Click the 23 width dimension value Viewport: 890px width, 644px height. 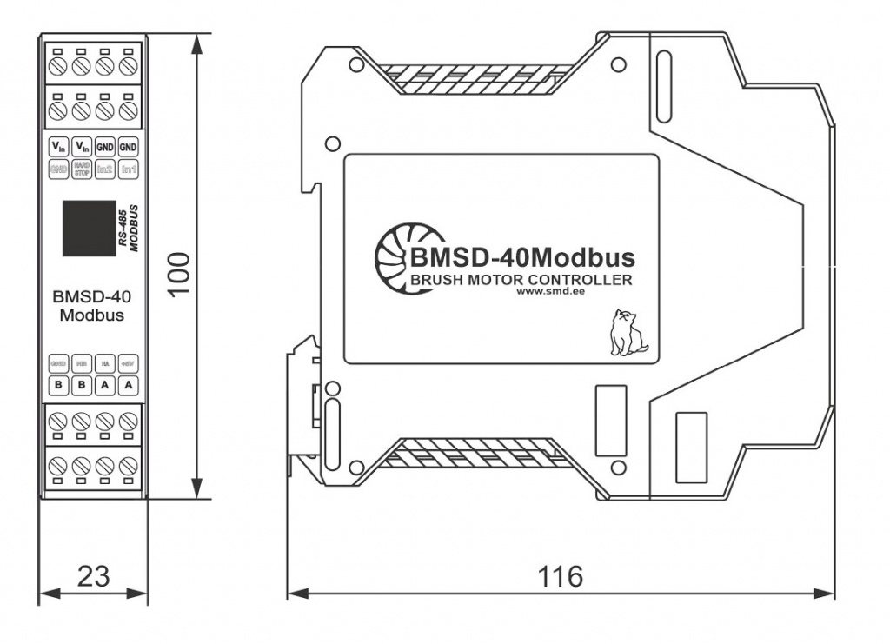[x=95, y=576]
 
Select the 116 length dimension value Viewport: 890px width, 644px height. [x=560, y=576]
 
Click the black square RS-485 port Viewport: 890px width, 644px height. [x=88, y=228]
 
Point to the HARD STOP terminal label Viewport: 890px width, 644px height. [x=83, y=169]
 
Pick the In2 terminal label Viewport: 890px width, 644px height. [x=106, y=169]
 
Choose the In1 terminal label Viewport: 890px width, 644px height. [x=129, y=169]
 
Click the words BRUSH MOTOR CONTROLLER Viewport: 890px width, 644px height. [x=520, y=280]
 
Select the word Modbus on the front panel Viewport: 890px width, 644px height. [x=91, y=315]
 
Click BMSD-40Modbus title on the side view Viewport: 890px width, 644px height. [x=521, y=258]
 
